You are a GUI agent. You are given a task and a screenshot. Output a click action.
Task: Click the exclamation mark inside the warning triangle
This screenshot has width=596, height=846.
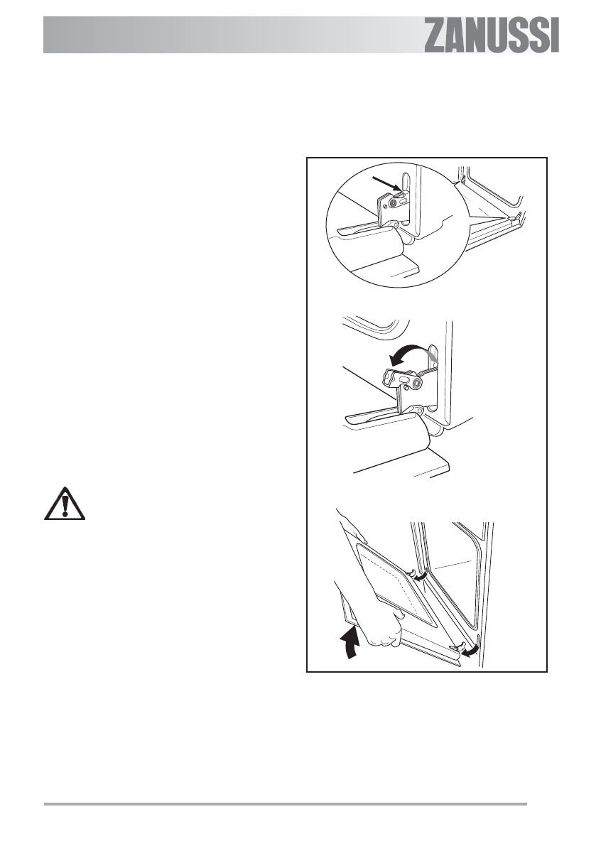pyautogui.click(x=65, y=504)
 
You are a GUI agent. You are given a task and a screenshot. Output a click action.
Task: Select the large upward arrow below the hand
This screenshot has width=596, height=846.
pyautogui.click(x=349, y=643)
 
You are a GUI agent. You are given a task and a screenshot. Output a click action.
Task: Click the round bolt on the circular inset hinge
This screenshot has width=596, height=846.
pyautogui.click(x=394, y=205)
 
